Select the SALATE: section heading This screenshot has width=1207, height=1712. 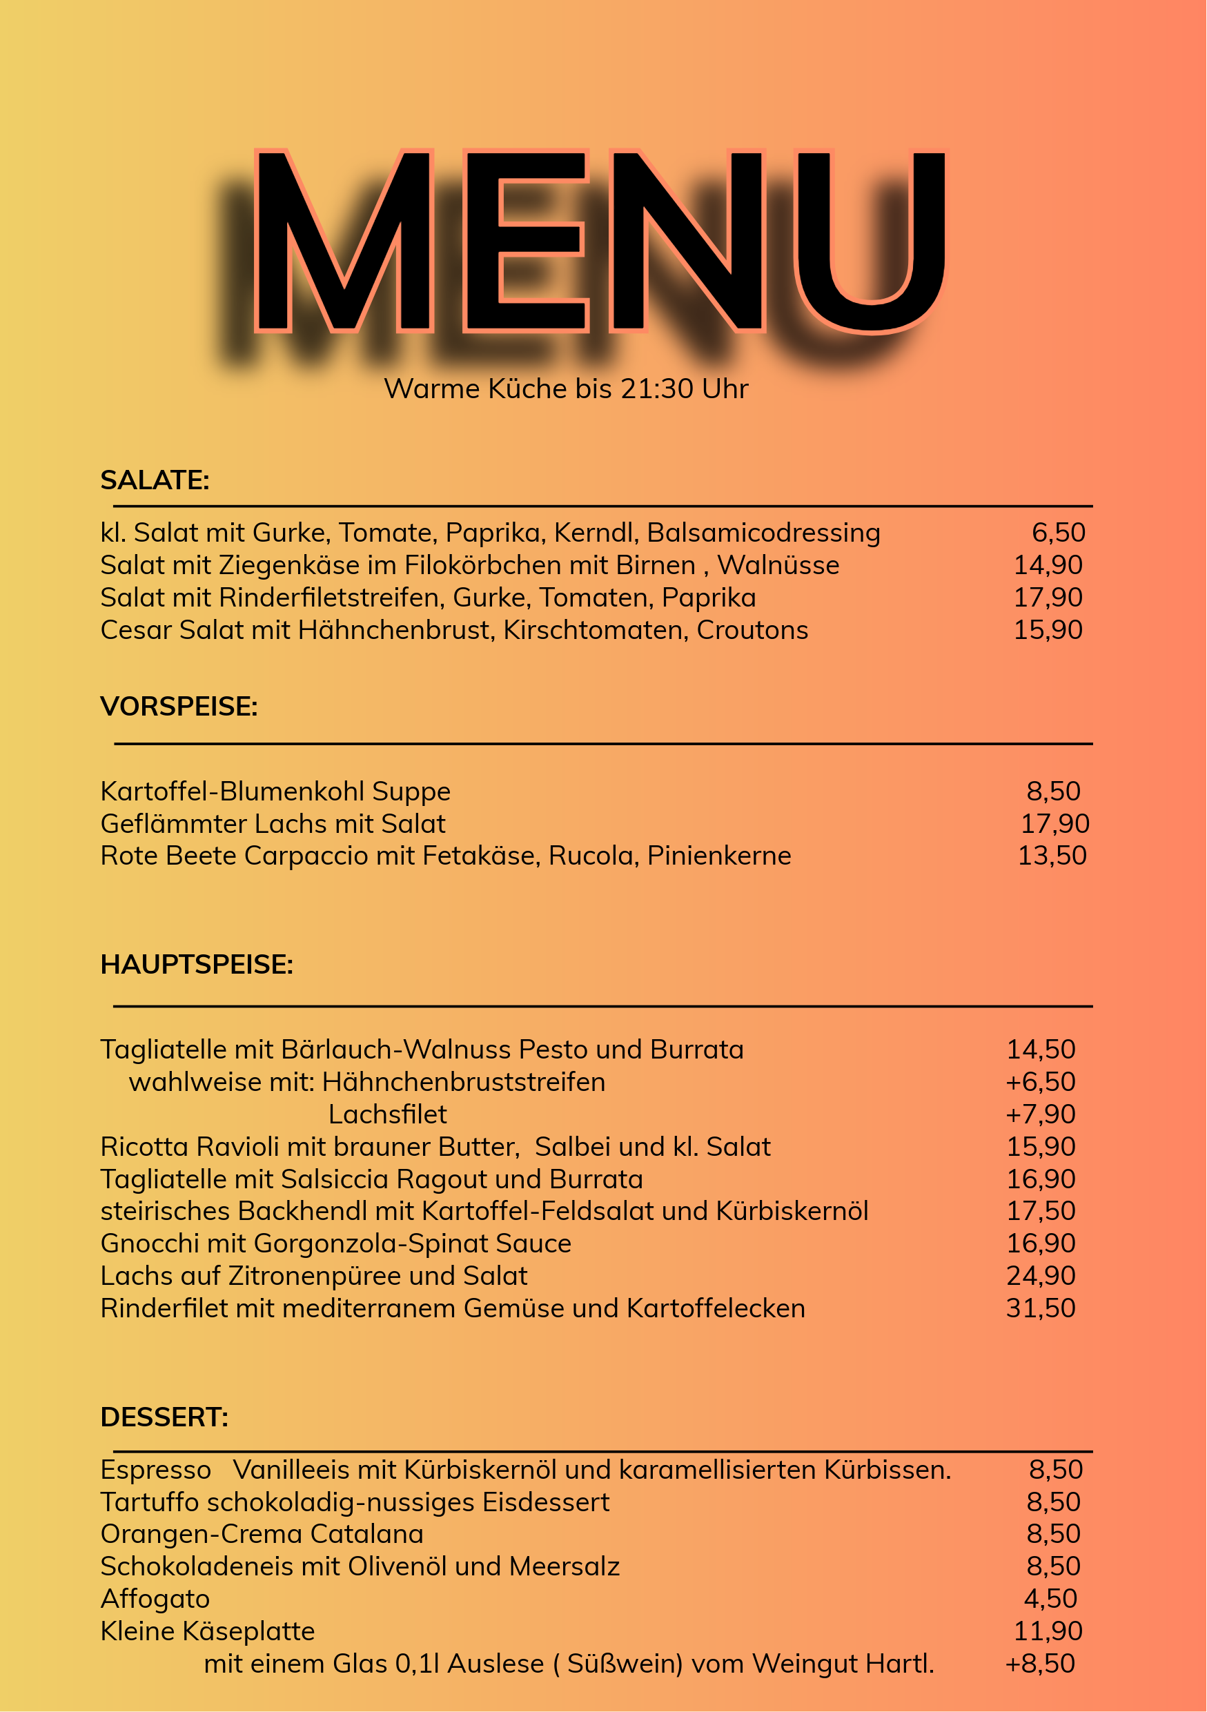coord(155,480)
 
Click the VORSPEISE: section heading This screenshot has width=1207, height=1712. coord(179,706)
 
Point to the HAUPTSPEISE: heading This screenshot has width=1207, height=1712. coord(197,964)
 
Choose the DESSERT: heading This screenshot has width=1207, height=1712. coord(164,1417)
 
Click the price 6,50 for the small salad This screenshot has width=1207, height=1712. coord(1058,533)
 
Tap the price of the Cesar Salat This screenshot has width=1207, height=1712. coord(1048,630)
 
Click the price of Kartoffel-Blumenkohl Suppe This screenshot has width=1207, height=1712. coord(1052,791)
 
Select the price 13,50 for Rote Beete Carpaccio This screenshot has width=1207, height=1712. coord(1052,855)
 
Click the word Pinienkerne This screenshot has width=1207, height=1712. coord(718,855)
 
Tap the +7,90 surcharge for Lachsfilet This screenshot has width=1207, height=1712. coord(1040,1114)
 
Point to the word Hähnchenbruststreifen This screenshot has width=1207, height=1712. coord(463,1082)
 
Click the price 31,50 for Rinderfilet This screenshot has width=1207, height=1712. coord(1040,1308)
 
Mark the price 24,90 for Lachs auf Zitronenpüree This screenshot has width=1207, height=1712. coord(1040,1276)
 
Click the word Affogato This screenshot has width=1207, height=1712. coord(155,1599)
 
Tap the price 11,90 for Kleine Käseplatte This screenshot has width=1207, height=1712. coord(1048,1631)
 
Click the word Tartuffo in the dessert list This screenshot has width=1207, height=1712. coord(150,1502)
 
